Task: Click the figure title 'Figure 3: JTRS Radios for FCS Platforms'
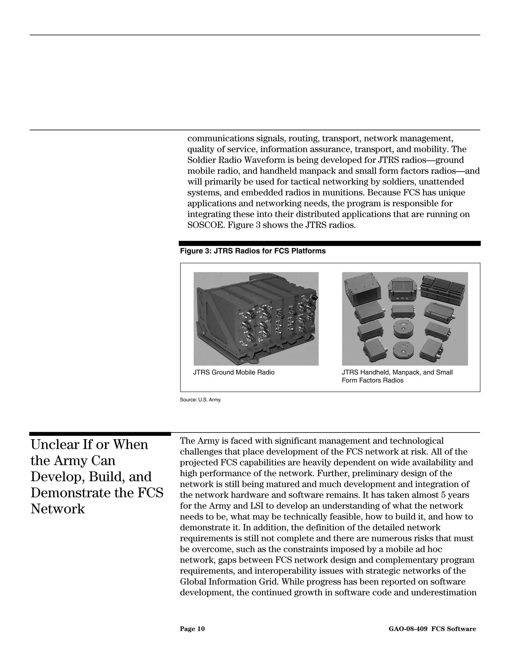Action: [253, 251]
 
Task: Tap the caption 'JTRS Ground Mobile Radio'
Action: [234, 372]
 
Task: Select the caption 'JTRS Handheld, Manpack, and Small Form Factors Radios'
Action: [397, 376]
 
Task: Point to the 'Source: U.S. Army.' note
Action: [201, 400]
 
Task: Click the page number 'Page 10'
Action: [192, 629]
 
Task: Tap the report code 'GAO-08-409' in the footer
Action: [408, 629]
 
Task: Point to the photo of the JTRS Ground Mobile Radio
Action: [256, 319]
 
